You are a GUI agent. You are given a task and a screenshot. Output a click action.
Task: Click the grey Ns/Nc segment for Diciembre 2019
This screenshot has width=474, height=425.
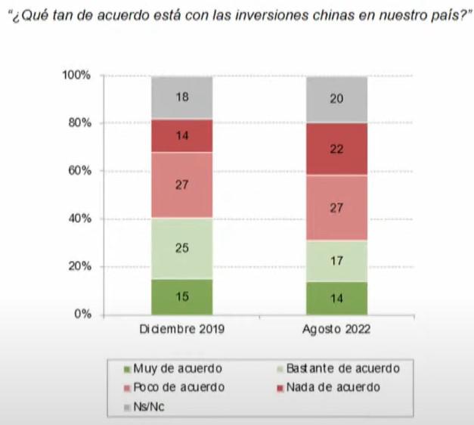(181, 97)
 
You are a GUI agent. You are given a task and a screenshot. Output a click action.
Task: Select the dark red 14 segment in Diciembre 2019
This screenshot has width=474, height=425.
(181, 136)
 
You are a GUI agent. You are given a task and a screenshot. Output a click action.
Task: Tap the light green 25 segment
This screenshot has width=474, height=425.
(181, 247)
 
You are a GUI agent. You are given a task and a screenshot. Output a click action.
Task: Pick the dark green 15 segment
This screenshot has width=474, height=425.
(181, 296)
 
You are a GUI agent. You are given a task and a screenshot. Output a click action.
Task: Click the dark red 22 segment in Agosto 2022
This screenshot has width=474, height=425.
(336, 149)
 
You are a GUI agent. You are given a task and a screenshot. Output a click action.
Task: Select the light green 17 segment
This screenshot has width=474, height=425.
(336, 261)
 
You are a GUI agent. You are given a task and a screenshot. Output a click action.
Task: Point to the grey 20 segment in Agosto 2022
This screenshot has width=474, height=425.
(336, 99)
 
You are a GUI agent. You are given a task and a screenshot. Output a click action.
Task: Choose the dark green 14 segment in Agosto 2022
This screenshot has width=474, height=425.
(336, 298)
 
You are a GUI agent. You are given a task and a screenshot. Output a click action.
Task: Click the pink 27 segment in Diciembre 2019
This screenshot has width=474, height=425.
(181, 185)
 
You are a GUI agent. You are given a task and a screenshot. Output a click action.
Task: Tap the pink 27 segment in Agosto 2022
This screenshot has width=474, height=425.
(336, 208)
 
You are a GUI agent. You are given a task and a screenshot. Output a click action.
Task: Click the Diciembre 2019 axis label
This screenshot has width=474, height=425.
(181, 330)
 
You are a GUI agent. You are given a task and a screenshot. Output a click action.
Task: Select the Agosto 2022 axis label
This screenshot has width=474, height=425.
(336, 330)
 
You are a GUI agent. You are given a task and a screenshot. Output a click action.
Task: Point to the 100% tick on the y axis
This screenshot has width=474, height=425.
(76, 76)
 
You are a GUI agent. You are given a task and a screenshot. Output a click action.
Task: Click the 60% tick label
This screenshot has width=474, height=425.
(78, 171)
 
